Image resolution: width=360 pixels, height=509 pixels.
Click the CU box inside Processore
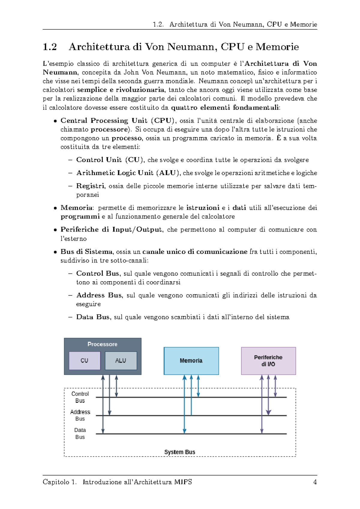tap(85, 360)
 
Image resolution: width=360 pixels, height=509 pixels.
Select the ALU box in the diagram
tap(121, 360)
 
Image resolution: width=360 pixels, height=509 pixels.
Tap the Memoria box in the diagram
tap(191, 360)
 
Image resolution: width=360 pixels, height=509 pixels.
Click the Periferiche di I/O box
tap(268, 360)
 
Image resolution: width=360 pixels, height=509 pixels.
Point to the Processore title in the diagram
tap(102, 344)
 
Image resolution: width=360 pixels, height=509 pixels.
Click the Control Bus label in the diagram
tap(80, 397)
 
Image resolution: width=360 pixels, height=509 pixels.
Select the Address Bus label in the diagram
tap(80, 415)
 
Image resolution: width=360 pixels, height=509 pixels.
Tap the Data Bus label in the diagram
tap(80, 433)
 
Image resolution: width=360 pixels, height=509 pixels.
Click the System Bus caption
tap(179, 452)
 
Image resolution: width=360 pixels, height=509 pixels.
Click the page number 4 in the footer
tap(315, 482)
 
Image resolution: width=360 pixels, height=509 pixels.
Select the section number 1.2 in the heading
tap(50, 47)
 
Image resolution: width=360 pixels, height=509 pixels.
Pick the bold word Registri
tap(90, 186)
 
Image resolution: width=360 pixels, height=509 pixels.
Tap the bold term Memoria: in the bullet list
tap(77, 208)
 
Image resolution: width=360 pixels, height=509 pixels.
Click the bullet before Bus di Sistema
tap(55, 252)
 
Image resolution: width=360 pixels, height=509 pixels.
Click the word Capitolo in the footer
tap(56, 482)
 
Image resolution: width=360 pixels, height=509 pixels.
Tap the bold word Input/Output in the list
tap(137, 230)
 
